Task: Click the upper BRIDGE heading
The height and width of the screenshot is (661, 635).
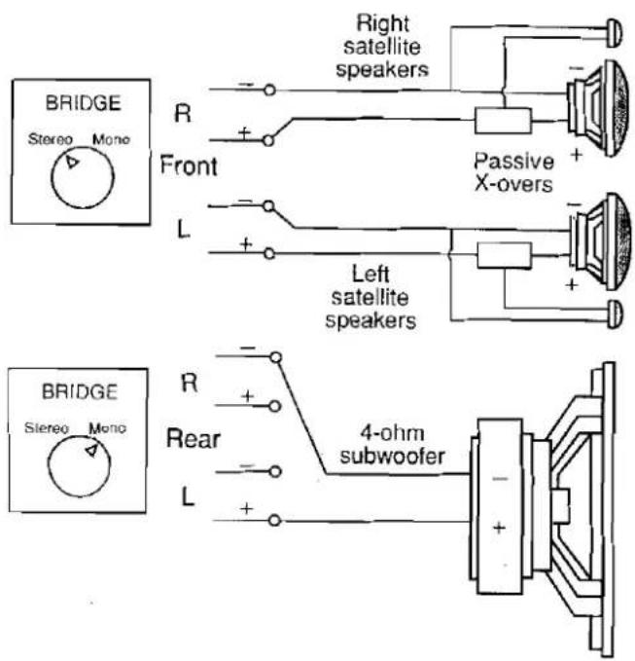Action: [x=83, y=103]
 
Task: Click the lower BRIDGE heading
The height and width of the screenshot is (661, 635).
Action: [x=79, y=392]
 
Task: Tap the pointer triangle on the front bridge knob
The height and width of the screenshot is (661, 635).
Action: [x=72, y=162]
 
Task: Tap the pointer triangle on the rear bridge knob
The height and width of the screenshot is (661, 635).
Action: [x=92, y=450]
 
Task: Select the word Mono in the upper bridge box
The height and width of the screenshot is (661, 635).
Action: [x=111, y=139]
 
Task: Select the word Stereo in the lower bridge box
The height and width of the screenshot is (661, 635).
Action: [x=47, y=428]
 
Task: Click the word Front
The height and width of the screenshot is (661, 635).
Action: [x=189, y=165]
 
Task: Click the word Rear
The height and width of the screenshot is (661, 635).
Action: [x=194, y=439]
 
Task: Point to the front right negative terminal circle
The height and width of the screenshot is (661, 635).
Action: [x=269, y=91]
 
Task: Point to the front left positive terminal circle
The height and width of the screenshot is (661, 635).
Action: [x=269, y=253]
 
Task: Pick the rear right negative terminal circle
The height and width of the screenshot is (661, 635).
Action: [x=276, y=357]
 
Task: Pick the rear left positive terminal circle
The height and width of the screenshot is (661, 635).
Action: [x=274, y=521]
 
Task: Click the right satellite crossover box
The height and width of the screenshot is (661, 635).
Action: [x=503, y=121]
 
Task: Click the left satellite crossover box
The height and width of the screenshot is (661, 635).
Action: [x=504, y=255]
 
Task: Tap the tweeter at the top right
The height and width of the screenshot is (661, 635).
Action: [x=614, y=33]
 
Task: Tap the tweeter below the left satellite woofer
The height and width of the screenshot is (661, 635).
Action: [x=615, y=314]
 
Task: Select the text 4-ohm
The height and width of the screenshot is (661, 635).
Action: [x=392, y=433]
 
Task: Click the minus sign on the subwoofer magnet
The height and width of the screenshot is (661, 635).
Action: [x=500, y=479]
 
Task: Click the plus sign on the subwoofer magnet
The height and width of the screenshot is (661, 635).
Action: [x=500, y=528]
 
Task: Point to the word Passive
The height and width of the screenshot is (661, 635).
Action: [x=513, y=162]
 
